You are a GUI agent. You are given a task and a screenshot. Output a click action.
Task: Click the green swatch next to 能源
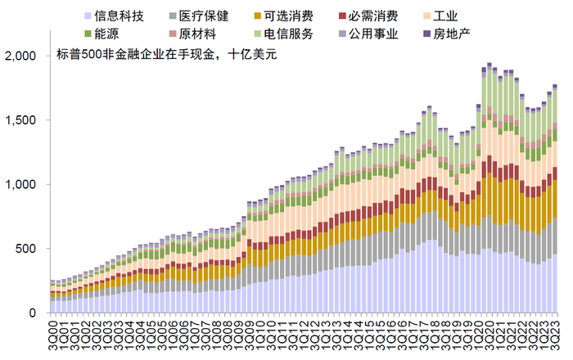pyautogui.click(x=88, y=34)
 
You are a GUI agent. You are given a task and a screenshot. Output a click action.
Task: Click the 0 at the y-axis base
pyautogui.click(x=34, y=313)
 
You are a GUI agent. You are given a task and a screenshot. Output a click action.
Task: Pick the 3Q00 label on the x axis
pyautogui.click(x=54, y=333)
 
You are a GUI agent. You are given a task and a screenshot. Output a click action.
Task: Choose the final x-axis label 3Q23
pyautogui.click(x=556, y=333)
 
